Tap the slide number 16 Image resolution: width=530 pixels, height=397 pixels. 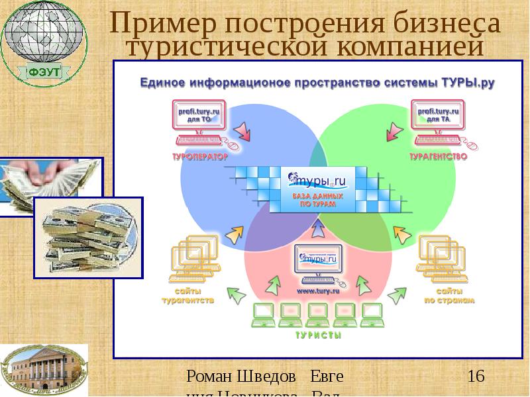coord(476,377)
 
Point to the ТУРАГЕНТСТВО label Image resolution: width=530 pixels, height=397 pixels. coord(438,157)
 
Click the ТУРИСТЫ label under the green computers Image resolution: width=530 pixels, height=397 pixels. coord(319,335)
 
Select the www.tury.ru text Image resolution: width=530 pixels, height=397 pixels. coord(318,290)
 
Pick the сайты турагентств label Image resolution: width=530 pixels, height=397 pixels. coord(188,296)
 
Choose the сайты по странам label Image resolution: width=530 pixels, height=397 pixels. coord(450,296)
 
